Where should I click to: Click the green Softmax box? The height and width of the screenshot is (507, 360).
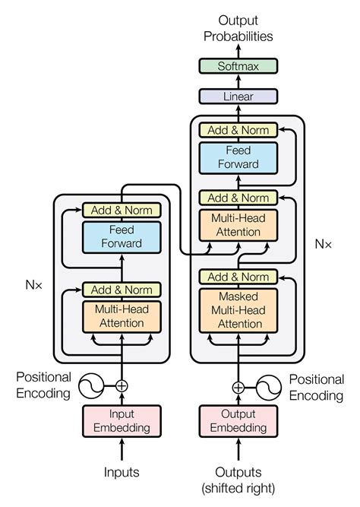point(238,66)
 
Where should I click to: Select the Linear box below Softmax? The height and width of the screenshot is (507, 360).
point(238,97)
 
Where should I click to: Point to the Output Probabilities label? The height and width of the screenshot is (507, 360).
point(238,27)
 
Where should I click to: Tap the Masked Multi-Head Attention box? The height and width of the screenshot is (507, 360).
point(238,310)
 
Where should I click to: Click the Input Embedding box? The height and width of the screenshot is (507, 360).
point(122,421)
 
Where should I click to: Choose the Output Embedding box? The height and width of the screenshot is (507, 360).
point(238,421)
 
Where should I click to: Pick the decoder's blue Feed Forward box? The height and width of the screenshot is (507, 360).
point(238,157)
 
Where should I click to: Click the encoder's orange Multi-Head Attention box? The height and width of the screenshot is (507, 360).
point(122,316)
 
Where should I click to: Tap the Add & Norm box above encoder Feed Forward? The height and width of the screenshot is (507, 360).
point(122,210)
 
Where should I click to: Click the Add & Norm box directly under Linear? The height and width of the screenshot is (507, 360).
point(238,130)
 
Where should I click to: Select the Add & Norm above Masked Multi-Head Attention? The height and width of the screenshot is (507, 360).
point(238,277)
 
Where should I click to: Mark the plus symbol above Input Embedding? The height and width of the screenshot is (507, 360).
point(122,385)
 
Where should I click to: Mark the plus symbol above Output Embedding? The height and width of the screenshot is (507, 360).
point(238,385)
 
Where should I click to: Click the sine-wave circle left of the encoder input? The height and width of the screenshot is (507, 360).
point(89,385)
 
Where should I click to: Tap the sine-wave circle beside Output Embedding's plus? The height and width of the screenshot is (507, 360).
point(270,385)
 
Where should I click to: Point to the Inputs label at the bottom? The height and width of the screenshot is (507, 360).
point(122,472)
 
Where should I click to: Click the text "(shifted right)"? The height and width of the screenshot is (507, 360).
point(238,487)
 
